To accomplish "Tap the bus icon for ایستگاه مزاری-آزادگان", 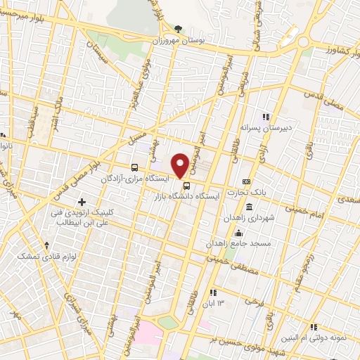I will coord(134,167).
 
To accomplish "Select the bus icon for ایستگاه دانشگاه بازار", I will coord(186,186).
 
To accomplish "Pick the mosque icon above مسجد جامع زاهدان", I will coord(239,233).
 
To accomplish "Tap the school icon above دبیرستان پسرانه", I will coord(266,117).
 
